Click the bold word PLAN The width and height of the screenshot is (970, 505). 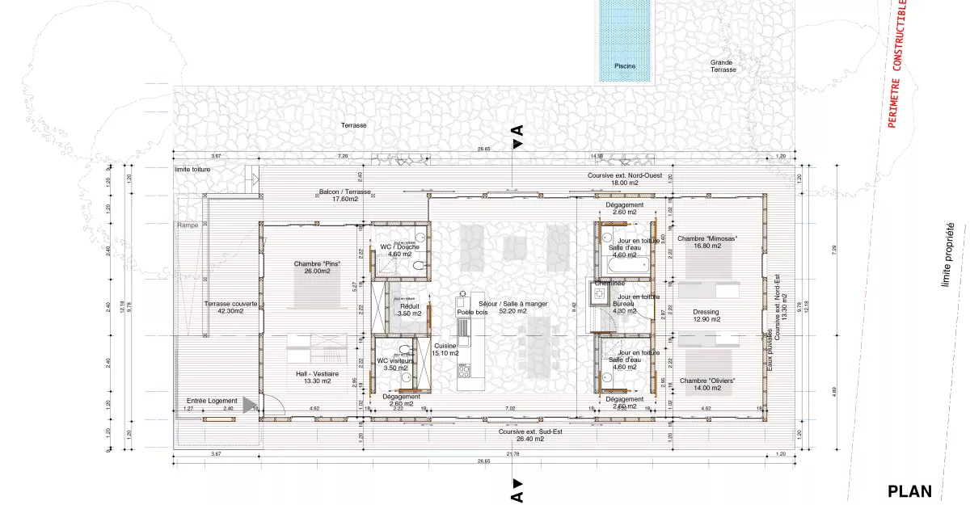coord(909,490)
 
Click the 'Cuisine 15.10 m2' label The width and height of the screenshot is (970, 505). coord(444,348)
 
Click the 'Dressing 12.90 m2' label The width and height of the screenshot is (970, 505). coord(706,315)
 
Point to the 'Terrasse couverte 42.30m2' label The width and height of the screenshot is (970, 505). coord(230,307)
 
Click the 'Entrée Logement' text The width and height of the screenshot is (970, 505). coord(212,401)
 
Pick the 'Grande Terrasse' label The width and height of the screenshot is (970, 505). coord(723,65)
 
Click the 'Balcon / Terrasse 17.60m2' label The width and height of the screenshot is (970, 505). coord(344,196)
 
